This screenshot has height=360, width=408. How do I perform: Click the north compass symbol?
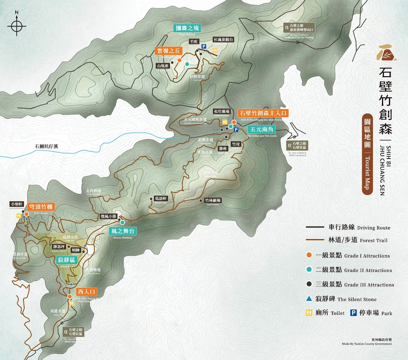(x=17, y=26)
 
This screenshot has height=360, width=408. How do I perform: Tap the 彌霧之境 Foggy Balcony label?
(x=187, y=28)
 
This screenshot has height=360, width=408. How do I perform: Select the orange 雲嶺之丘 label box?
(x=169, y=51)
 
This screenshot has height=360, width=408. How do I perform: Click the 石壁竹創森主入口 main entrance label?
(x=263, y=113)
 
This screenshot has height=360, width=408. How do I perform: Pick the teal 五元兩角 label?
(x=261, y=129)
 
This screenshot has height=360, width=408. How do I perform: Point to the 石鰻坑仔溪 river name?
(x=47, y=146)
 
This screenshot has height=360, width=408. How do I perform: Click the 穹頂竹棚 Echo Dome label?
(x=41, y=207)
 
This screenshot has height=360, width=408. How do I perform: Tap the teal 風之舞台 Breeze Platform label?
(x=123, y=231)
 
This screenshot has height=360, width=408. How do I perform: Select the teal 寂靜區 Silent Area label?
(x=67, y=260)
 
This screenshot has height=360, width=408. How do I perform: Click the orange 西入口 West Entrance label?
(x=86, y=292)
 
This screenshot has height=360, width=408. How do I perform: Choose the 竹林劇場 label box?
(x=213, y=201)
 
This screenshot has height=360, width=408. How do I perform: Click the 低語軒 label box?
(x=161, y=198)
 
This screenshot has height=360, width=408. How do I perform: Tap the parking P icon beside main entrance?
(x=236, y=130)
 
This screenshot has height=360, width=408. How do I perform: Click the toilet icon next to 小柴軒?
(x=19, y=216)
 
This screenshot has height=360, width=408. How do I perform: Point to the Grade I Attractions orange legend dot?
(x=309, y=255)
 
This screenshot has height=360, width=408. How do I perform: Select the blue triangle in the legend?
(x=309, y=299)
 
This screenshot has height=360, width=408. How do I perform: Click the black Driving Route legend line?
(x=315, y=227)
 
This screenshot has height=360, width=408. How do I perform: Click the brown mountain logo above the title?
(x=386, y=53)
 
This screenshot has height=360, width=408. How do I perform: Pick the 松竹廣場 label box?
(x=222, y=111)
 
